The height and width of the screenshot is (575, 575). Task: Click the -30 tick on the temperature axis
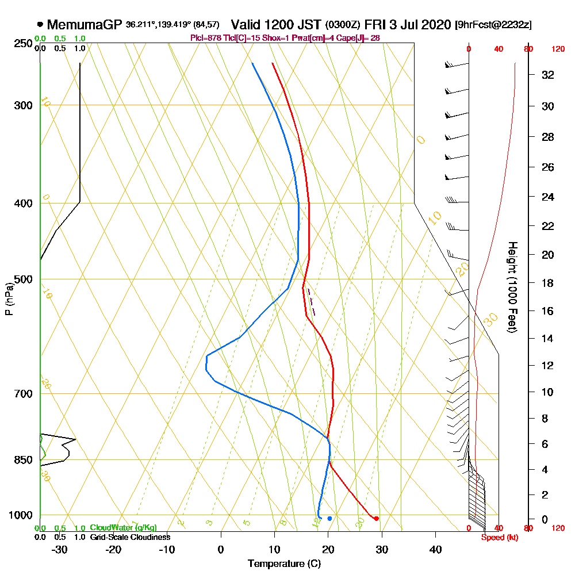(60, 549)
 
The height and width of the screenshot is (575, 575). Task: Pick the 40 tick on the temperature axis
(435, 549)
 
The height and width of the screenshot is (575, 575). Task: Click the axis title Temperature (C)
(284, 564)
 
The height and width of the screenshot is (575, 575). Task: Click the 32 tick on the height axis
(548, 75)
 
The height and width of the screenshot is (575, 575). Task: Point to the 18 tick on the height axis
(548, 283)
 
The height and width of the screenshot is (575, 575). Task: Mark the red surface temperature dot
(376, 519)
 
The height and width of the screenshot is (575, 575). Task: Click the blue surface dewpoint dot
(329, 519)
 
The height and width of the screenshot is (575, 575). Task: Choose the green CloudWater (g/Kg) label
(123, 528)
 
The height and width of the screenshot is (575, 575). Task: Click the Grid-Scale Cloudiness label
(130, 537)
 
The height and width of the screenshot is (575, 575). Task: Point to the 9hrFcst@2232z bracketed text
(493, 25)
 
